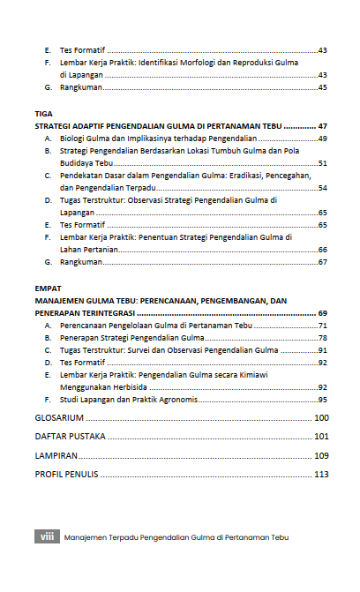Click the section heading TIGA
[43, 114]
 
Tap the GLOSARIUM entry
[59, 417]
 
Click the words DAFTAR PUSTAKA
[71, 436]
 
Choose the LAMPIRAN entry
[56, 455]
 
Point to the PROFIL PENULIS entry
[66, 475]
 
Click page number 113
[320, 475]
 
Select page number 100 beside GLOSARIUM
[320, 417]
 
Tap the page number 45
[323, 88]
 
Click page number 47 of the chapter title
[323, 126]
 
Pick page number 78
[323, 338]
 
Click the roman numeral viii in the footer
[47, 536]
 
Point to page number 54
[323, 188]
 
